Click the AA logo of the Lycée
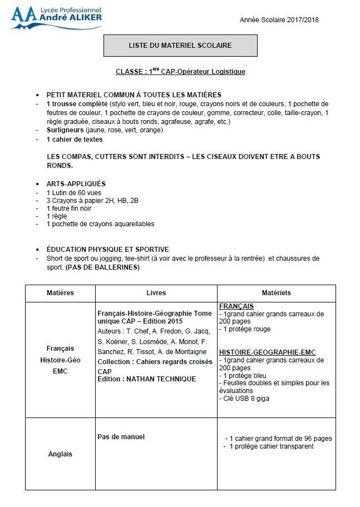21,17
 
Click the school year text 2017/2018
304,20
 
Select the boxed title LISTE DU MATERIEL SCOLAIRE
180,45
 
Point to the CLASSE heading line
180,72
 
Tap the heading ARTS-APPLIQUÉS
76,183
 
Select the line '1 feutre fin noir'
69,208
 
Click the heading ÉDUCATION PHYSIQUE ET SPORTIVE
107,250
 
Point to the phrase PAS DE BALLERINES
103,267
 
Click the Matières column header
60,293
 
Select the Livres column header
156,293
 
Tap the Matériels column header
276,293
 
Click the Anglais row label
60,454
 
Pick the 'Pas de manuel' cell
121,437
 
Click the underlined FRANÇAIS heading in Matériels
236,306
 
